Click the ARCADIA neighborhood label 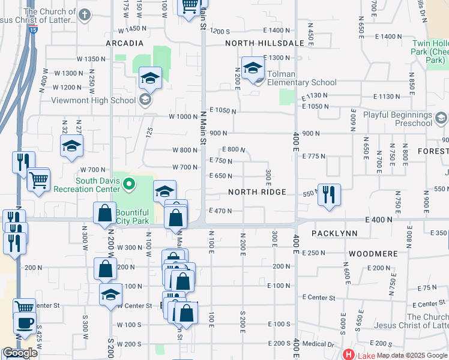[x=124, y=43]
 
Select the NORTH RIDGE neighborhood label [x=256, y=193]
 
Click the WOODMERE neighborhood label [x=373, y=254]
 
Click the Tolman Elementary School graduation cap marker [x=253, y=68]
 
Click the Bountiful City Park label [x=132, y=217]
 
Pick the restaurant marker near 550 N [x=329, y=194]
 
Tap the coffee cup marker [x=25, y=323]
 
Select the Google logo [x=20, y=353]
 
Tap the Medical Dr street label [x=322, y=344]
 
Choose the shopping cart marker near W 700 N [x=38, y=179]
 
